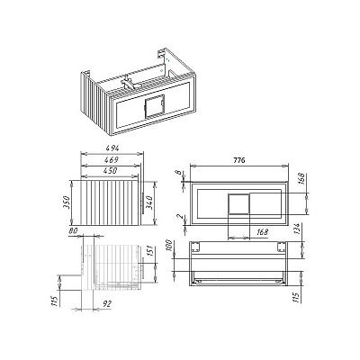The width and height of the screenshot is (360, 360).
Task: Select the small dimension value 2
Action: click(x=178, y=216)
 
